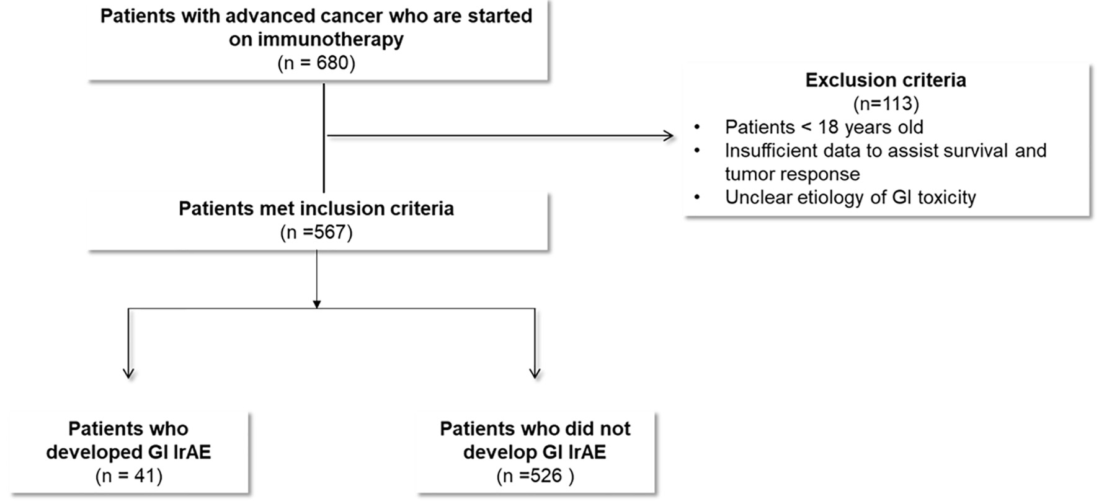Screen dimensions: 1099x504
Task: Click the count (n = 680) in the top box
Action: pos(316,63)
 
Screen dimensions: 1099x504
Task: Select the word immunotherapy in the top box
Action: pos(331,40)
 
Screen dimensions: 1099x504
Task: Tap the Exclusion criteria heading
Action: pos(886,80)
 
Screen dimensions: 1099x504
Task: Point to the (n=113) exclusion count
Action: pos(886,103)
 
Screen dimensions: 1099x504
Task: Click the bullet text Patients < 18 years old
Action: pos(824,127)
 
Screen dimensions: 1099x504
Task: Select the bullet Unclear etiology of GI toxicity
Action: pos(850,197)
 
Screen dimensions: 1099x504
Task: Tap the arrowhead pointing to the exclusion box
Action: pos(669,136)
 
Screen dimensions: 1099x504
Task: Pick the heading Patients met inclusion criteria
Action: pos(316,208)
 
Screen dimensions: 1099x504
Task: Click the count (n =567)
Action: pos(316,232)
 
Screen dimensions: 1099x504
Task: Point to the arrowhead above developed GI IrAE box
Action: pos(128,373)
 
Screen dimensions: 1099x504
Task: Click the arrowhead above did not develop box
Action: pos(535,373)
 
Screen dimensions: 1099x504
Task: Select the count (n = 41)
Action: pos(129,475)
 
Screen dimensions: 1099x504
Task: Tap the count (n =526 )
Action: pos(535,475)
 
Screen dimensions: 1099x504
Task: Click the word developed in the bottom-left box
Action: pos(96,452)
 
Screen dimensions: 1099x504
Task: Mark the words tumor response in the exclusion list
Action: pos(793,174)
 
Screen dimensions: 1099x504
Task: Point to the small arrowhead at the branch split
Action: pos(316,304)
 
